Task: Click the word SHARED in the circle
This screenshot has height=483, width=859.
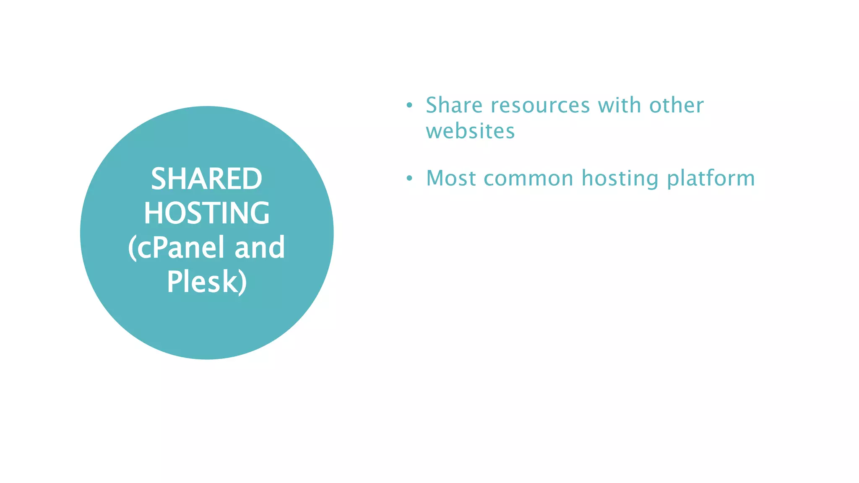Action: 206,179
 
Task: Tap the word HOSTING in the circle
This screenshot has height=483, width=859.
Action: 206,213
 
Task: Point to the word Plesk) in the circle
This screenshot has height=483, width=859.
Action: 206,282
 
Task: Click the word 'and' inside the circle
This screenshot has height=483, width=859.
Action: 260,247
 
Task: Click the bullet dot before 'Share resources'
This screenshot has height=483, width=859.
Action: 409,105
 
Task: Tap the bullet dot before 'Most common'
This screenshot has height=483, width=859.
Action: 409,179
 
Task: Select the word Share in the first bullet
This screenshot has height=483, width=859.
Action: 454,105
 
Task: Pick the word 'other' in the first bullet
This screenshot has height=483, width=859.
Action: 676,105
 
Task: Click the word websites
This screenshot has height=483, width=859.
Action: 470,131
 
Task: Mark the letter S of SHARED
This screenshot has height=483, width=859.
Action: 159,179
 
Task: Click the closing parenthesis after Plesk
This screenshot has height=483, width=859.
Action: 242,283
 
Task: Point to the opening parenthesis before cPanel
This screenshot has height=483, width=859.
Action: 132,248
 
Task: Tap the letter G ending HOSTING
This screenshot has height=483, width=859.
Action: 260,213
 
